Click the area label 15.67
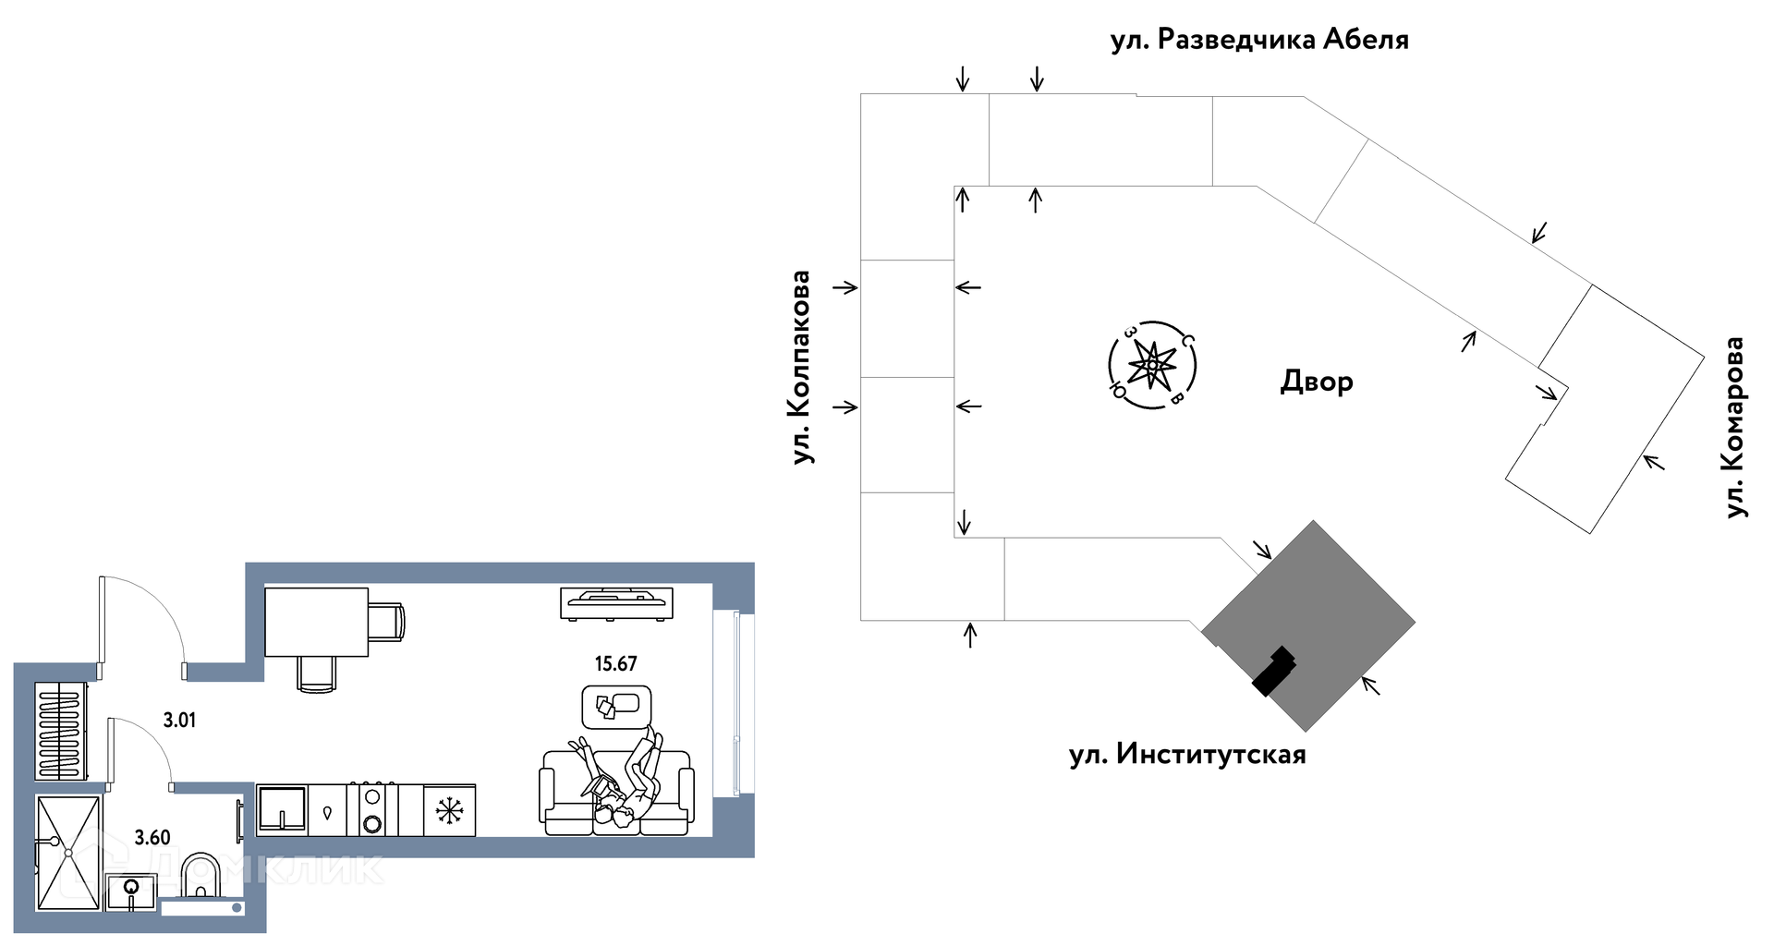coord(615,663)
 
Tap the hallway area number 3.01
coord(179,720)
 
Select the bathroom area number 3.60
coord(152,838)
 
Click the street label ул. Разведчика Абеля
coord(1259,40)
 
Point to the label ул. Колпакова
coord(801,367)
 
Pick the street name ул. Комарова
coord(1735,427)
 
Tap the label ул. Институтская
coord(1187,755)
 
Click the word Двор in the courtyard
coord(1317,382)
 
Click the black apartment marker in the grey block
coord(1273,670)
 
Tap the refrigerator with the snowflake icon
coord(449,811)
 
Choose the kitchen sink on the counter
coord(282,810)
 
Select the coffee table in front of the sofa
coord(616,707)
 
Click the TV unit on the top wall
coord(616,602)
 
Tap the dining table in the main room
coord(316,622)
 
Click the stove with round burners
coord(372,810)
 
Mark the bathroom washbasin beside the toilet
coord(130,892)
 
